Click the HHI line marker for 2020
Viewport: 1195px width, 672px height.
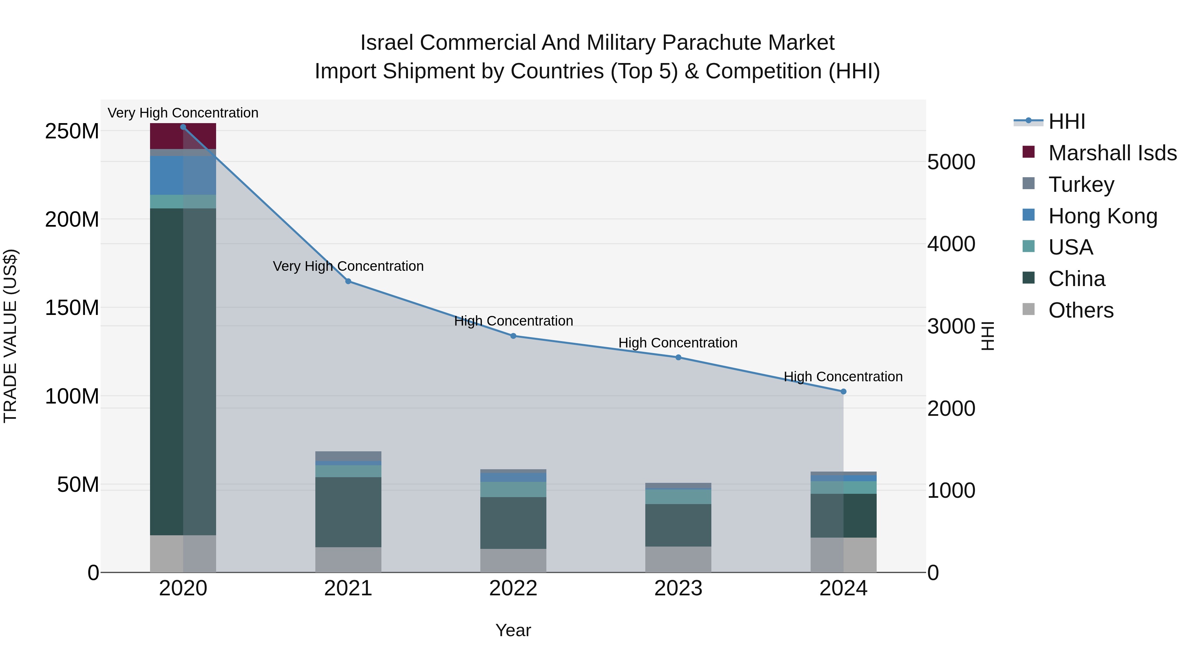pyautogui.click(x=183, y=127)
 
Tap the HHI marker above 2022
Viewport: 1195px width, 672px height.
pyautogui.click(x=513, y=336)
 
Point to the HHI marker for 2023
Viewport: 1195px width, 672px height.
pyautogui.click(x=678, y=357)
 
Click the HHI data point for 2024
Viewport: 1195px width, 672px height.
pyautogui.click(x=843, y=392)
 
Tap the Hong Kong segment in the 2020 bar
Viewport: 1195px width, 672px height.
pyautogui.click(x=183, y=175)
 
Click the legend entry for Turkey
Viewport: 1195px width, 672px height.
pyautogui.click(x=1080, y=185)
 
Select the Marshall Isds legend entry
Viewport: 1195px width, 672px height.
pyautogui.click(x=1112, y=153)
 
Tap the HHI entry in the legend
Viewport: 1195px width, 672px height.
pyautogui.click(x=1066, y=121)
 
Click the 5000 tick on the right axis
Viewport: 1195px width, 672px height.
pyautogui.click(x=951, y=162)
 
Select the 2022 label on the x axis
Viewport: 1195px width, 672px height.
pyautogui.click(x=513, y=588)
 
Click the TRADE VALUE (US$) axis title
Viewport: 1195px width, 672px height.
pyautogui.click(x=10, y=336)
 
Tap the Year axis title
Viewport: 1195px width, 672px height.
pyautogui.click(x=513, y=630)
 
